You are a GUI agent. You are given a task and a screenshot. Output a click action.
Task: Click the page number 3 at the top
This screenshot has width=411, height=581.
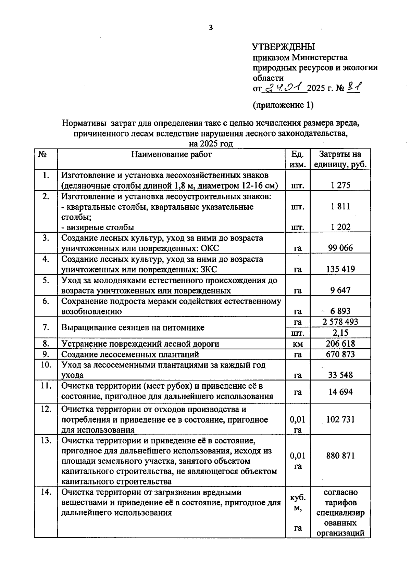211,28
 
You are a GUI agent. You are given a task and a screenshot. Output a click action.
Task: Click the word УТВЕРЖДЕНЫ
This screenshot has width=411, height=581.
283,47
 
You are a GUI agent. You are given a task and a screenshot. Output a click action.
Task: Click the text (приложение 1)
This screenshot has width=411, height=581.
283,105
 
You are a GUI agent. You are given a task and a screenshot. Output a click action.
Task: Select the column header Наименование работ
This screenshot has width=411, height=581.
171,154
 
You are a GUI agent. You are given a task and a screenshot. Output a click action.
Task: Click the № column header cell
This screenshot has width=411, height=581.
42,154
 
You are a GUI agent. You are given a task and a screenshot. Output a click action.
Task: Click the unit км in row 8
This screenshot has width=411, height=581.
298,344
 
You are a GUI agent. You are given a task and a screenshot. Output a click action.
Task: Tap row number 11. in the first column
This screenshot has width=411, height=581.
46,386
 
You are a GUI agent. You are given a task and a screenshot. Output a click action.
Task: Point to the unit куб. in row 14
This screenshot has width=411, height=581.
298,498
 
